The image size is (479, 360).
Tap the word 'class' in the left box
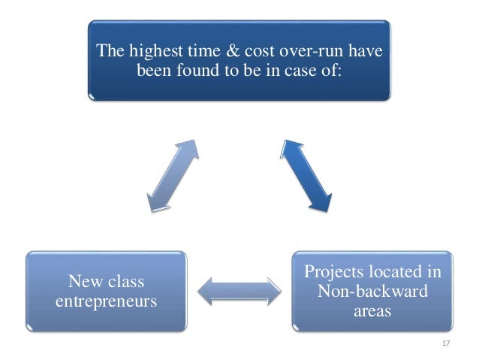(x=124, y=282)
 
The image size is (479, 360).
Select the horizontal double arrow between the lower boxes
(x=237, y=291)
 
